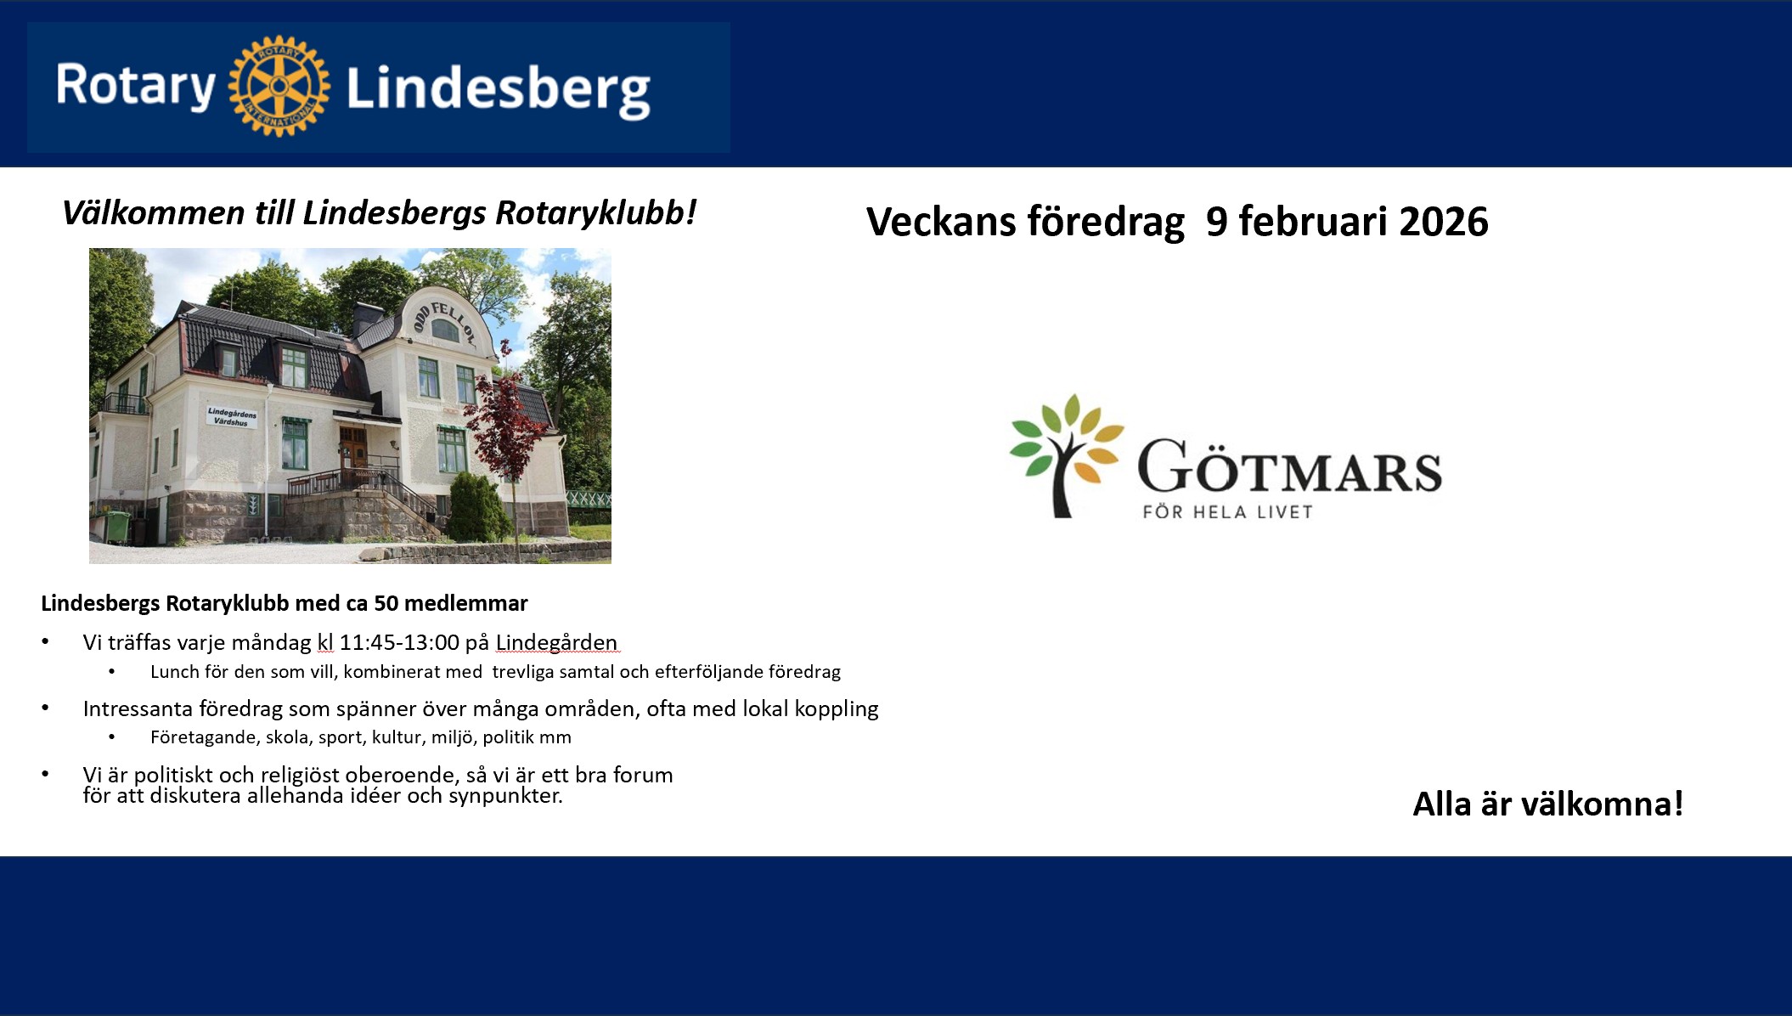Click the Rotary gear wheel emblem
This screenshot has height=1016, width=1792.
[x=279, y=86]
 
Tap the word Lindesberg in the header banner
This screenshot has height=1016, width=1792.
[x=499, y=91]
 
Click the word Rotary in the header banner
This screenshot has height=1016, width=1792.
[x=136, y=87]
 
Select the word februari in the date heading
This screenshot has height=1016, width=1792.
[x=1310, y=222]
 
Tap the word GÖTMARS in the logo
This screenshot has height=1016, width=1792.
[x=1289, y=466]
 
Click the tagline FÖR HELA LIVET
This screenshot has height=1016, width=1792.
[x=1227, y=511]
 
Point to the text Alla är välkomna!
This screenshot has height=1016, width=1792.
[x=1547, y=804]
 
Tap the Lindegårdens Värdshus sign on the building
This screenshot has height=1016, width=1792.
[x=232, y=417]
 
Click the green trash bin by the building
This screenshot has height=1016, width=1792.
[x=117, y=527]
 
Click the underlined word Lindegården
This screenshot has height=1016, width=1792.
[x=556, y=642]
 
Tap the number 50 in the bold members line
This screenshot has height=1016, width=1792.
[x=386, y=603]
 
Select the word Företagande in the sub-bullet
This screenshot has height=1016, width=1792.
[x=204, y=737]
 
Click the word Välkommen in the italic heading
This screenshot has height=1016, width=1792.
[x=154, y=212]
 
